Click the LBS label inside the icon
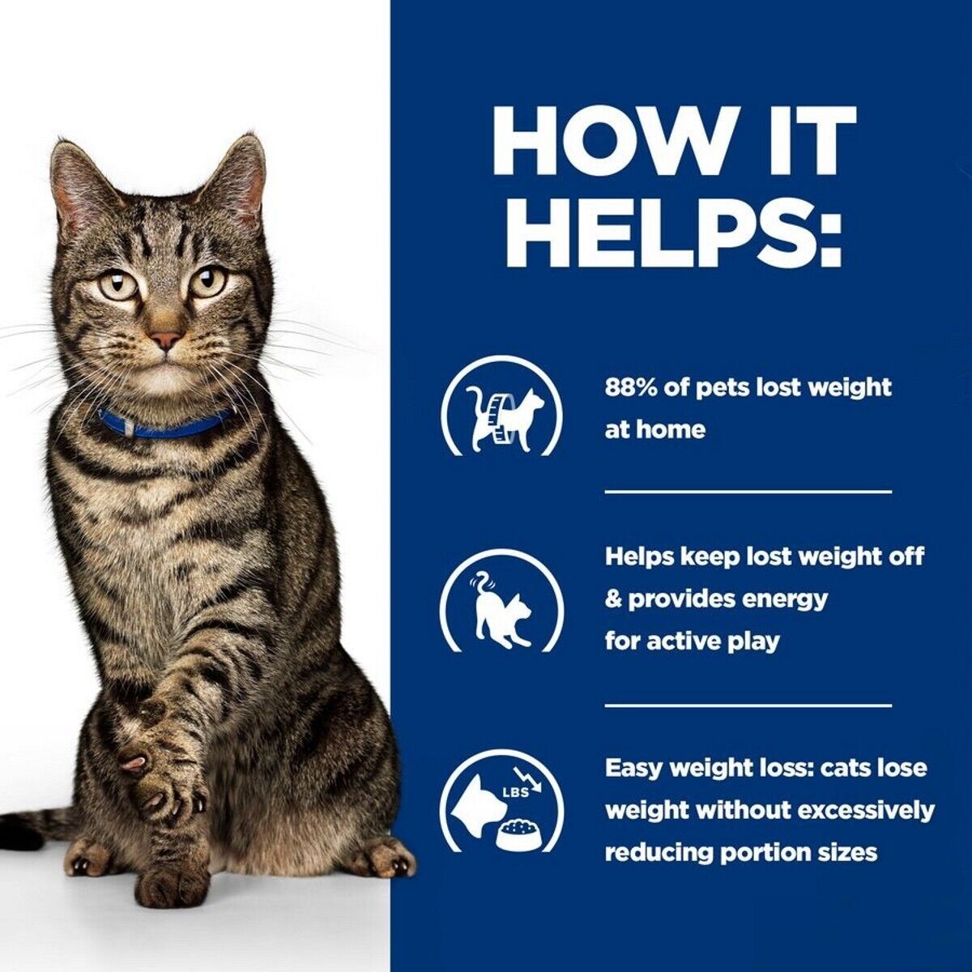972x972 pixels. click(514, 792)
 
